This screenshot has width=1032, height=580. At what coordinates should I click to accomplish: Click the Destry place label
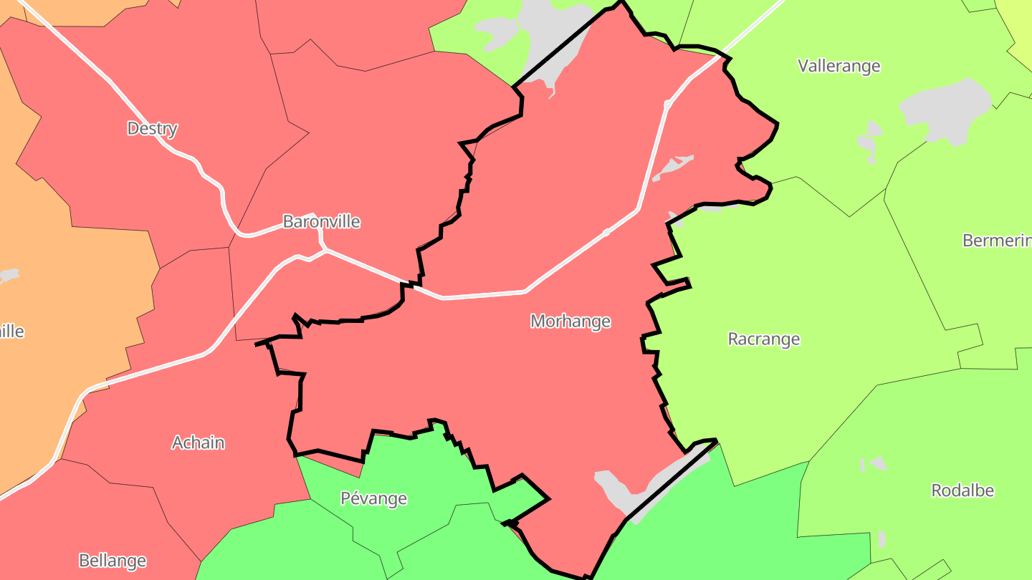(152, 129)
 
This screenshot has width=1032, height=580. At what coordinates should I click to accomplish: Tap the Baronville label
(321, 221)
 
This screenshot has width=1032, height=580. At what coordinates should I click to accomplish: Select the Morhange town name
(570, 322)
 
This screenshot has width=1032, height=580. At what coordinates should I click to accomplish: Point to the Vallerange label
(838, 66)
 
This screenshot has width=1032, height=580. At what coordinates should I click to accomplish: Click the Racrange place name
(763, 339)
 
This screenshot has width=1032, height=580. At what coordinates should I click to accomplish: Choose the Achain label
(198, 443)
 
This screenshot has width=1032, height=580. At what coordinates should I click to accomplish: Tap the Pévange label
(373, 498)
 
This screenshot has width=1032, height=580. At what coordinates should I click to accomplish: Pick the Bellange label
(113, 560)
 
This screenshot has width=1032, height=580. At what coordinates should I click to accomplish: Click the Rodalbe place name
(962, 490)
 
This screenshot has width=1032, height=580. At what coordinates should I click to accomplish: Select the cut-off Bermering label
(996, 241)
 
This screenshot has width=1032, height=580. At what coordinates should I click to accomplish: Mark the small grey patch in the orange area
(9, 275)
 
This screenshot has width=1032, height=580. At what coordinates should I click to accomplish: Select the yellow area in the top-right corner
(1018, 21)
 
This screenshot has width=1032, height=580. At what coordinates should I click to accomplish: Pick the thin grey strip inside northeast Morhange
(672, 167)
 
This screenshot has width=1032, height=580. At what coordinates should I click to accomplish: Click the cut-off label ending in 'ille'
(11, 332)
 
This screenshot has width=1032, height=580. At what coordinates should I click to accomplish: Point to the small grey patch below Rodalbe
(881, 539)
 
